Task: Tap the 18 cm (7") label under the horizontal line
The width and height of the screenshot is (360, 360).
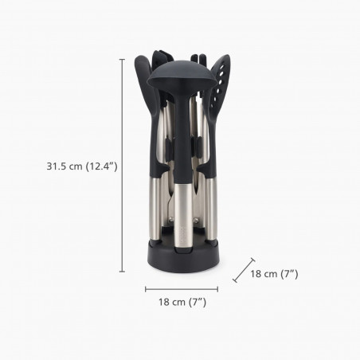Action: (181, 302)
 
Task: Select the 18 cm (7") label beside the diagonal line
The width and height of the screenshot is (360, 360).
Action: (274, 274)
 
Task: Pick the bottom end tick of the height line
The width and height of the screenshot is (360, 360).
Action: (122, 272)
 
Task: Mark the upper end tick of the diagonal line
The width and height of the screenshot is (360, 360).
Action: (253, 258)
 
